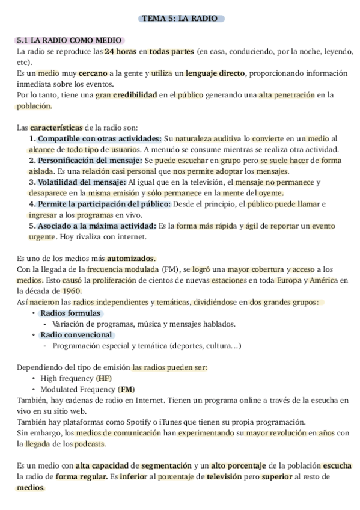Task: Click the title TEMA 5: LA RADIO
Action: tap(180, 19)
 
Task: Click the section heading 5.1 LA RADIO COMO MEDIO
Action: tap(70, 41)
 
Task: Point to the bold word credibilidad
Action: tap(136, 95)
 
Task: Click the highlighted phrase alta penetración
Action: tap(288, 95)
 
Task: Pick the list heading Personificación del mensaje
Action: tap(90, 161)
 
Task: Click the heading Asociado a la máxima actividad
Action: tap(95, 226)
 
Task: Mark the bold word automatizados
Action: tap(131, 258)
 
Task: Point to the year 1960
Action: tap(72, 291)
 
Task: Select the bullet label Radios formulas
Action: tap(70, 313)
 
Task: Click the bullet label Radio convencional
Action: tap(76, 334)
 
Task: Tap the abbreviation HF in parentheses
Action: tap(104, 378)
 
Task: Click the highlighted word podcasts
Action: tap(90, 444)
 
